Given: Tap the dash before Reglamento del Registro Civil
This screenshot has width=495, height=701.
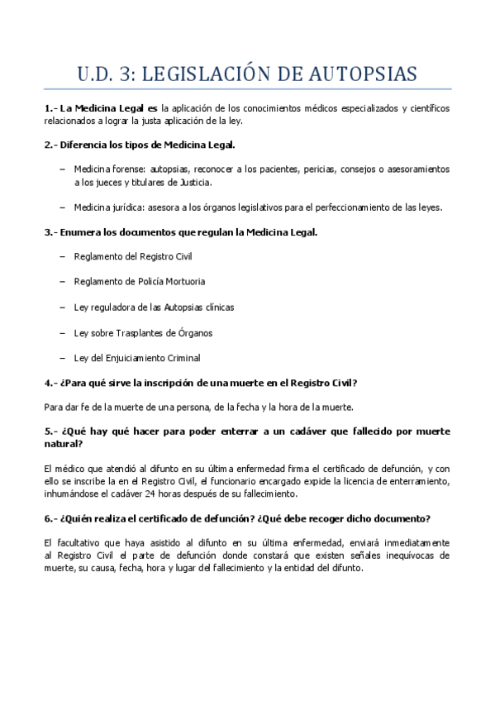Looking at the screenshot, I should click(x=64, y=256).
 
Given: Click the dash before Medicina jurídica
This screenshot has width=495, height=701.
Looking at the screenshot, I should click(x=64, y=207).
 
